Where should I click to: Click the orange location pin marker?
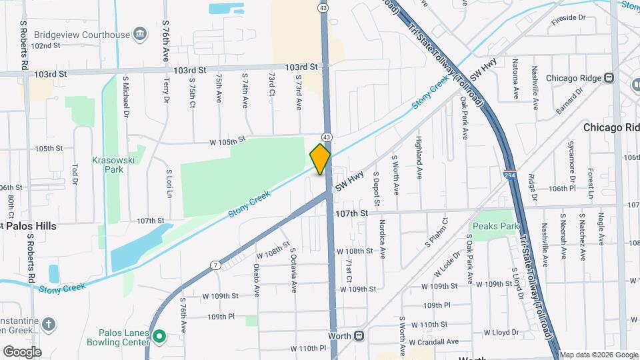[321, 159]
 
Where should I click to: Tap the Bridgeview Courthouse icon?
[140, 33]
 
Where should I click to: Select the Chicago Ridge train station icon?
[609, 78]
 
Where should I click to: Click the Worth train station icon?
[359, 335]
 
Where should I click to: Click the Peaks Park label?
[495, 227]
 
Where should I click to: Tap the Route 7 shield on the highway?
[215, 265]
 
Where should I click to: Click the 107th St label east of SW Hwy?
[352, 213]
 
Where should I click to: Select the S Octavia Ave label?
[293, 270]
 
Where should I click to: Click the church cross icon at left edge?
[48, 324]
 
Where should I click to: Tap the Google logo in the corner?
[21, 351]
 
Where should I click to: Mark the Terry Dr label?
[167, 90]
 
